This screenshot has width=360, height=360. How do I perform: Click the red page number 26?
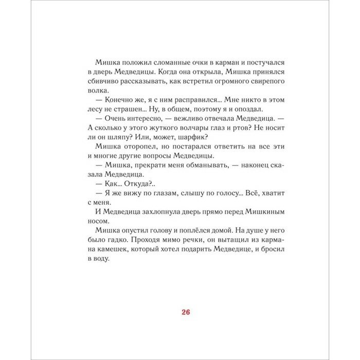(186, 312)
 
